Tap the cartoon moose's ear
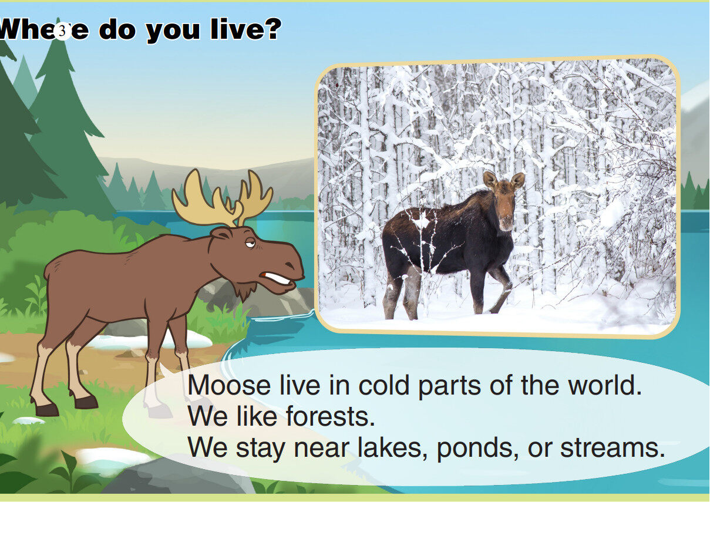point(221,234)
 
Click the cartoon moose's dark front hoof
point(86,402)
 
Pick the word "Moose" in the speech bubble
point(228,386)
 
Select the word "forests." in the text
point(330,417)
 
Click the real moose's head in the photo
point(503,200)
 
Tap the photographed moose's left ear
point(490,179)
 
